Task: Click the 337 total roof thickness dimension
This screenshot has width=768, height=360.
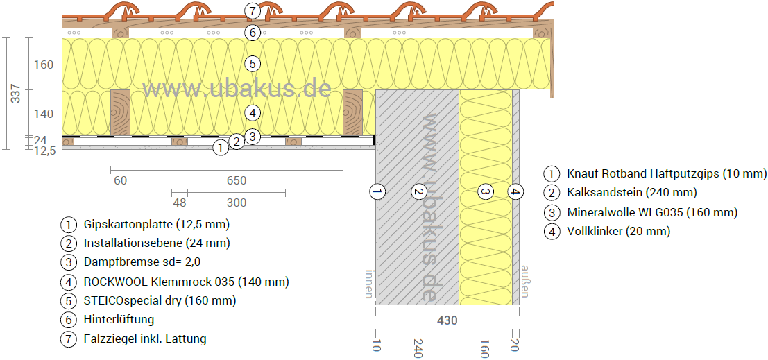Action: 15,94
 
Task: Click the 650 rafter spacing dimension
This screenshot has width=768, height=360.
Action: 236,181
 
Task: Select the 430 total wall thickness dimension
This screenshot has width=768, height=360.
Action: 447,321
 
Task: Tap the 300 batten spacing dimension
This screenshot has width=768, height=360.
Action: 236,203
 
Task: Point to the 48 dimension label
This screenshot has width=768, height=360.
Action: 179,203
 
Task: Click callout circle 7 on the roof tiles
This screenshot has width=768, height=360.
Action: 253,11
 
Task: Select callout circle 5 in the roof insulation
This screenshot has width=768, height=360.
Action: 253,64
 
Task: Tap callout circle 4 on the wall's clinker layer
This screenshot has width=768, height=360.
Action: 515,191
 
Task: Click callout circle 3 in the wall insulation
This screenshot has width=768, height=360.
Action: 486,191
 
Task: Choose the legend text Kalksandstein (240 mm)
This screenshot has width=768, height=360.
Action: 631,193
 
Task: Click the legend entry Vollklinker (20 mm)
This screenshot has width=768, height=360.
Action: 618,232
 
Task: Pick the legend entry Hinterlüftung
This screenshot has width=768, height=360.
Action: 119,320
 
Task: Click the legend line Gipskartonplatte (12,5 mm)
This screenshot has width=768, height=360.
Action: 156,224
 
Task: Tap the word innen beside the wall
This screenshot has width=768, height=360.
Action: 368,284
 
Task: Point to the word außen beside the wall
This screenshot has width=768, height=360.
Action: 525,282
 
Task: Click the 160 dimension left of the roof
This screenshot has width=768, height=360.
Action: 44,65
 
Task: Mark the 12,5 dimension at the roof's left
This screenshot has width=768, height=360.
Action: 44,150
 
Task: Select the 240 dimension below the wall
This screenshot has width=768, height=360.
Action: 418,348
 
